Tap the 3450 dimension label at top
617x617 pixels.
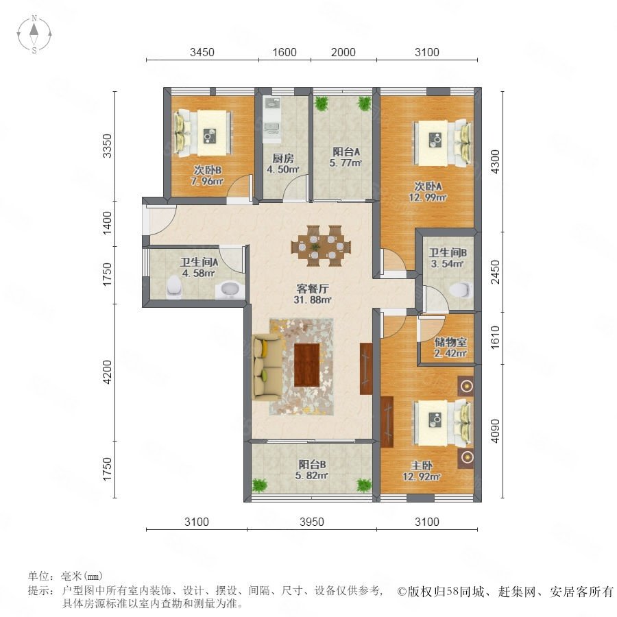[x=202, y=52]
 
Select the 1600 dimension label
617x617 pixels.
[x=284, y=52]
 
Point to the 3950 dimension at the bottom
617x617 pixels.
[x=312, y=522]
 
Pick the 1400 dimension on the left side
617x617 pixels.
[x=107, y=223]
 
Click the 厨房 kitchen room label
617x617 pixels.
[x=283, y=158]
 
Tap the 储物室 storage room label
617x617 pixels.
[x=450, y=342]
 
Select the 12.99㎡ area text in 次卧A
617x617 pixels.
[x=427, y=197]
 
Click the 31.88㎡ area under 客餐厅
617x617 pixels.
[x=313, y=300]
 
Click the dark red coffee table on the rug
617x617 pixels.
[x=307, y=365]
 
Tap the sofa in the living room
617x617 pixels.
[x=267, y=367]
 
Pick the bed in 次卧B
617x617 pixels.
[x=203, y=133]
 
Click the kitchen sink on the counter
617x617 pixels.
[x=271, y=127]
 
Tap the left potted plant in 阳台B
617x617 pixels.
[x=259, y=485]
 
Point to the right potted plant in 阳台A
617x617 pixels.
[x=364, y=104]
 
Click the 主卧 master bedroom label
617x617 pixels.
[x=422, y=466]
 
